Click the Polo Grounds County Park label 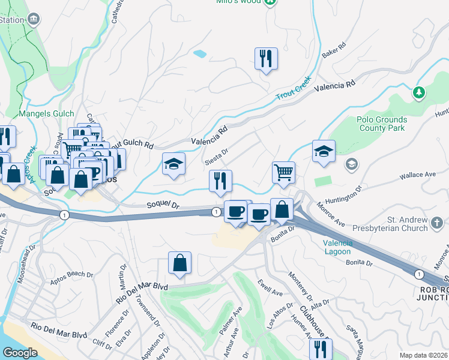[x=382, y=124]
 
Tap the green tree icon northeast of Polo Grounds [x=419, y=93]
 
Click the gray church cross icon [x=438, y=224]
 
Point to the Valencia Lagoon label [x=337, y=248]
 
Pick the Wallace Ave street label [x=417, y=175]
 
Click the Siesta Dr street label [x=217, y=156]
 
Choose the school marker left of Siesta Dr [x=173, y=164]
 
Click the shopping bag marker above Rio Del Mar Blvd [x=179, y=262]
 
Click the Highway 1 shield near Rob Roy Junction [x=418, y=273]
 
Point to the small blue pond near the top [x=200, y=53]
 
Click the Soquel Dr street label [x=163, y=205]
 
